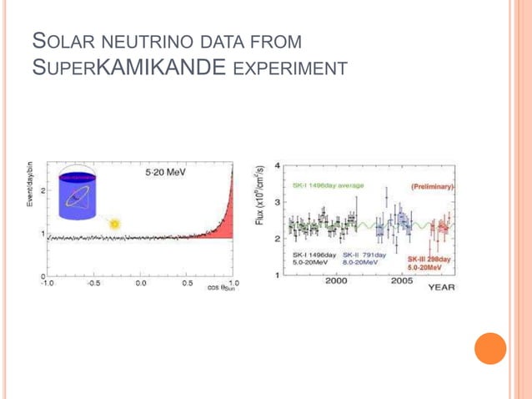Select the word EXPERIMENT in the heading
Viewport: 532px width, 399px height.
click(289, 67)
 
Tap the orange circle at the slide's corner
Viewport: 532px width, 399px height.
click(490, 349)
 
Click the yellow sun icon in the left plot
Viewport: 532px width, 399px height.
click(115, 223)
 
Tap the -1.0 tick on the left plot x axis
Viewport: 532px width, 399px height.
click(48, 283)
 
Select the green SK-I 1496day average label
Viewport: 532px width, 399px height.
click(328, 184)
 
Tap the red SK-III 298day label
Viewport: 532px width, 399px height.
click(429, 259)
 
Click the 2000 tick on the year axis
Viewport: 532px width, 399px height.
click(336, 282)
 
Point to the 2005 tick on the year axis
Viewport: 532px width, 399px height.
click(402, 282)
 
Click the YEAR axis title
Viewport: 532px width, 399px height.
click(441, 286)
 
